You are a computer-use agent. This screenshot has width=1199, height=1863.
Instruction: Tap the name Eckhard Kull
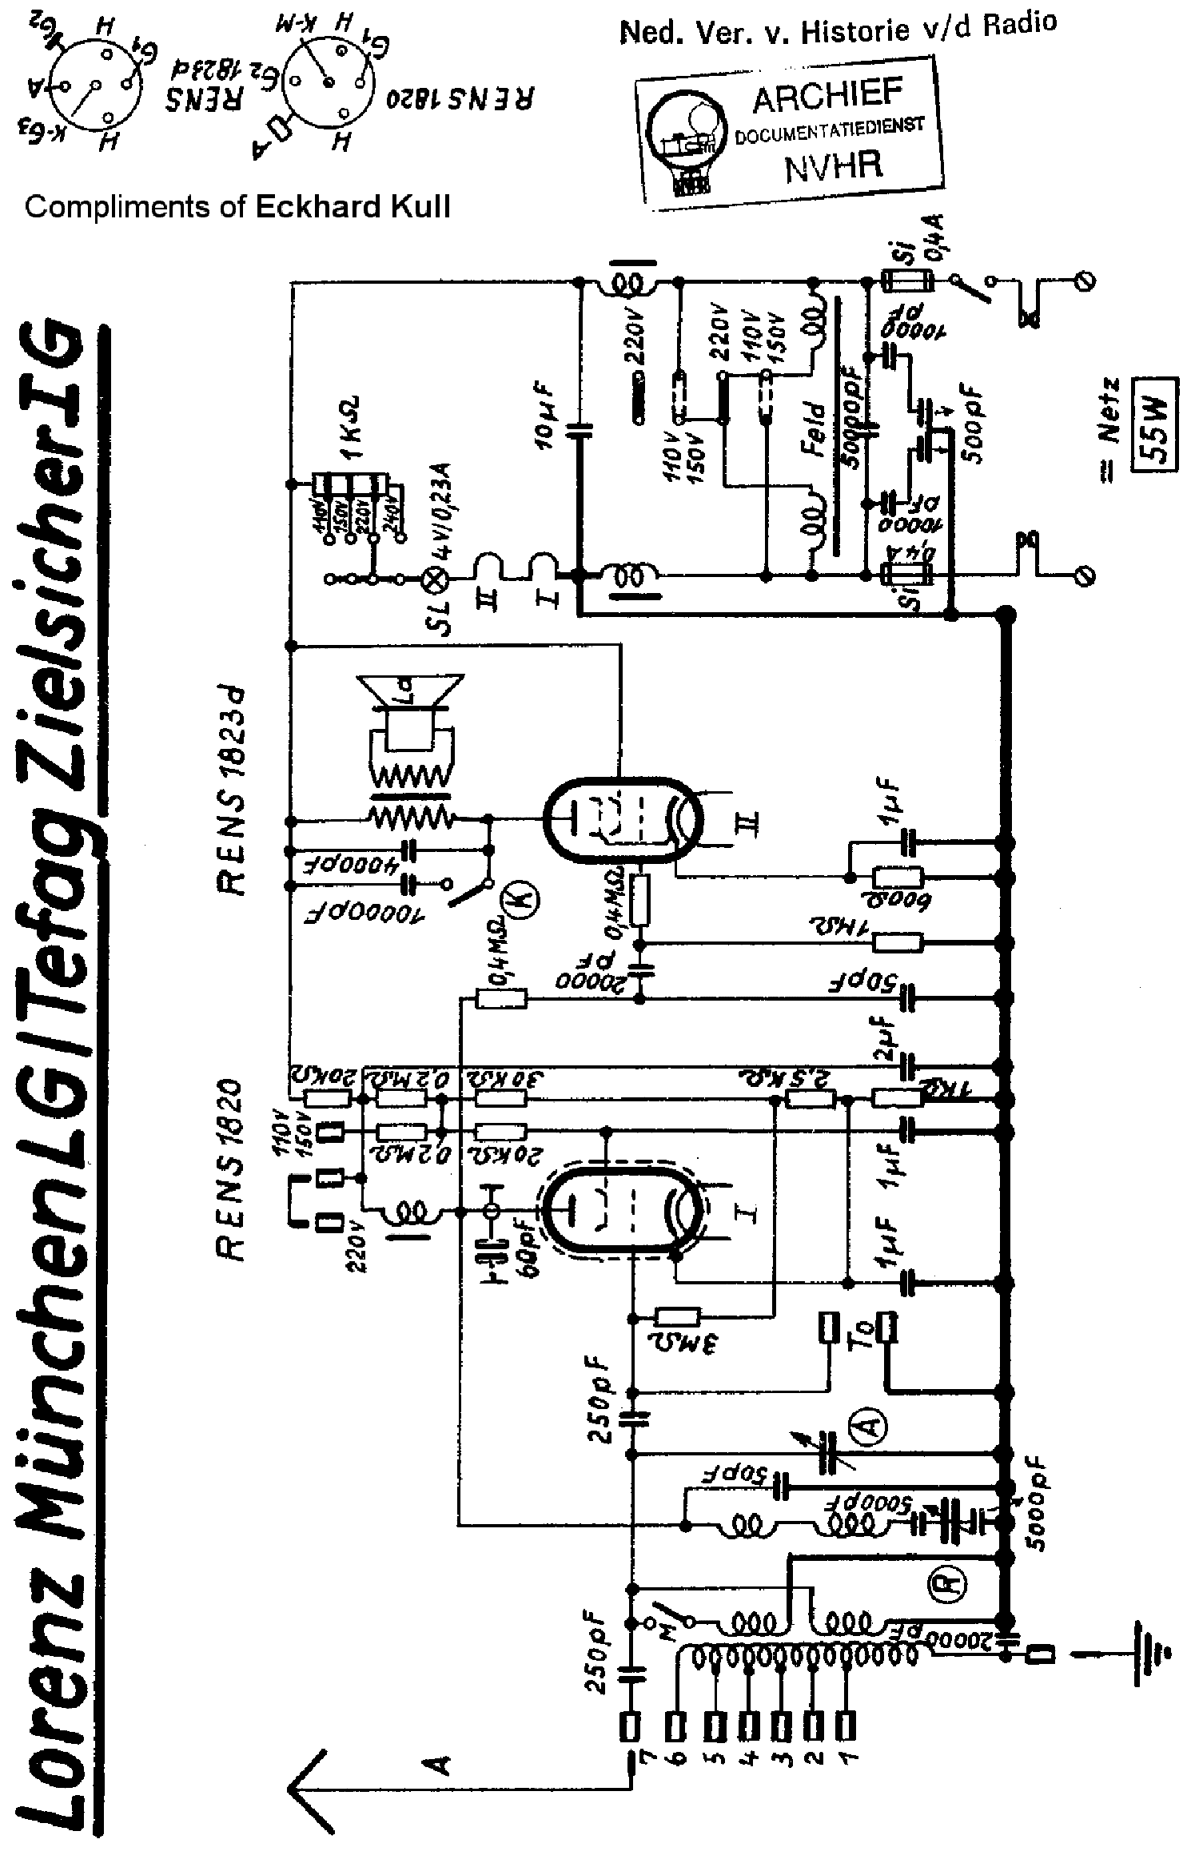click(x=352, y=207)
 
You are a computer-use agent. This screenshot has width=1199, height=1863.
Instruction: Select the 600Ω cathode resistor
click(x=897, y=879)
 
